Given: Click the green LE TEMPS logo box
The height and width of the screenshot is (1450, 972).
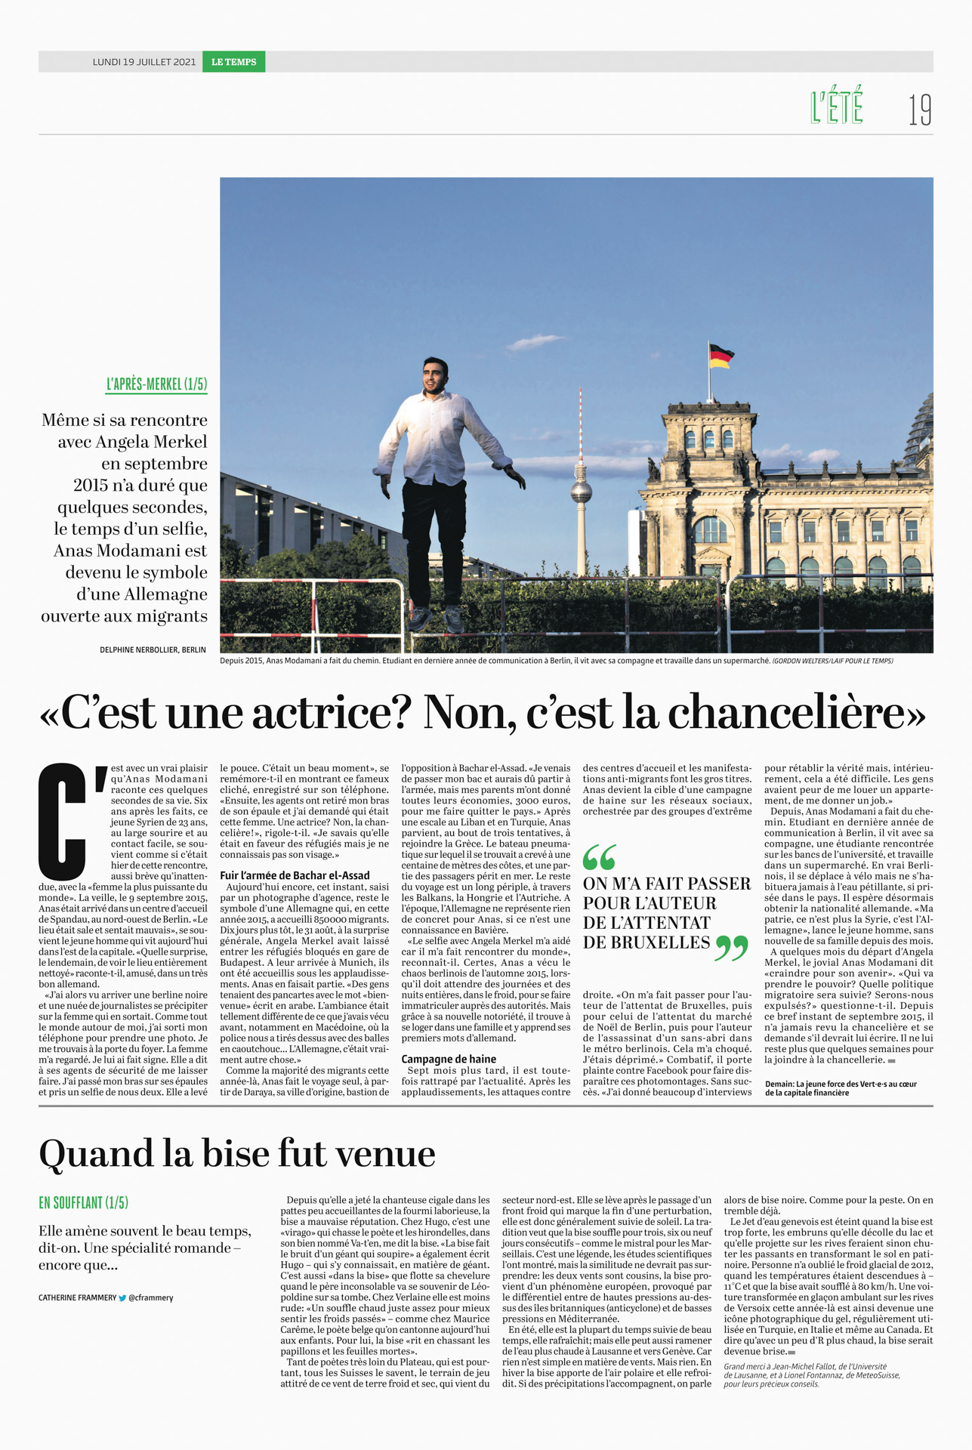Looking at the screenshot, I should [233, 62].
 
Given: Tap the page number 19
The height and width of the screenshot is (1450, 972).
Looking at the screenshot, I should [919, 110].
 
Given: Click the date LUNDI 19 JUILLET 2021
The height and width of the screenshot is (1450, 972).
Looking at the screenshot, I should [144, 62].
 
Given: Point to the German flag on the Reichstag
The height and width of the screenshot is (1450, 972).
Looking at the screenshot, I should [721, 356].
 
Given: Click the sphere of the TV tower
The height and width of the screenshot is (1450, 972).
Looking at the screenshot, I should [581, 492].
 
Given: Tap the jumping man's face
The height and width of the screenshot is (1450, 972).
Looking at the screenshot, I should [434, 378].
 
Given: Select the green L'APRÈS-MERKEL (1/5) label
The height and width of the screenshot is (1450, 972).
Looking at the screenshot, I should [156, 384].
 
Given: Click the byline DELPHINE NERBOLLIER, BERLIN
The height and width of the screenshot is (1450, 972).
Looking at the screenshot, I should [153, 649].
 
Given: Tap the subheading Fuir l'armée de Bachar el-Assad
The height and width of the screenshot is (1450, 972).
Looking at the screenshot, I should [295, 875].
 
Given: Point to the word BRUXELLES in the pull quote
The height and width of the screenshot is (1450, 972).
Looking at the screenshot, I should [646, 942].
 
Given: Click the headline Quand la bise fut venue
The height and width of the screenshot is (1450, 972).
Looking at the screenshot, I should [237, 1154].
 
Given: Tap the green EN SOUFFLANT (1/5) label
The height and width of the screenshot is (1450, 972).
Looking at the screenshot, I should [84, 1202].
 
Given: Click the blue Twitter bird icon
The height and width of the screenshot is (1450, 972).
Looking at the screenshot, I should [122, 1298].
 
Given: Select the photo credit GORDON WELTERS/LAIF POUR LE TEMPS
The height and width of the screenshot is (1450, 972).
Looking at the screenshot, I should [832, 661].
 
